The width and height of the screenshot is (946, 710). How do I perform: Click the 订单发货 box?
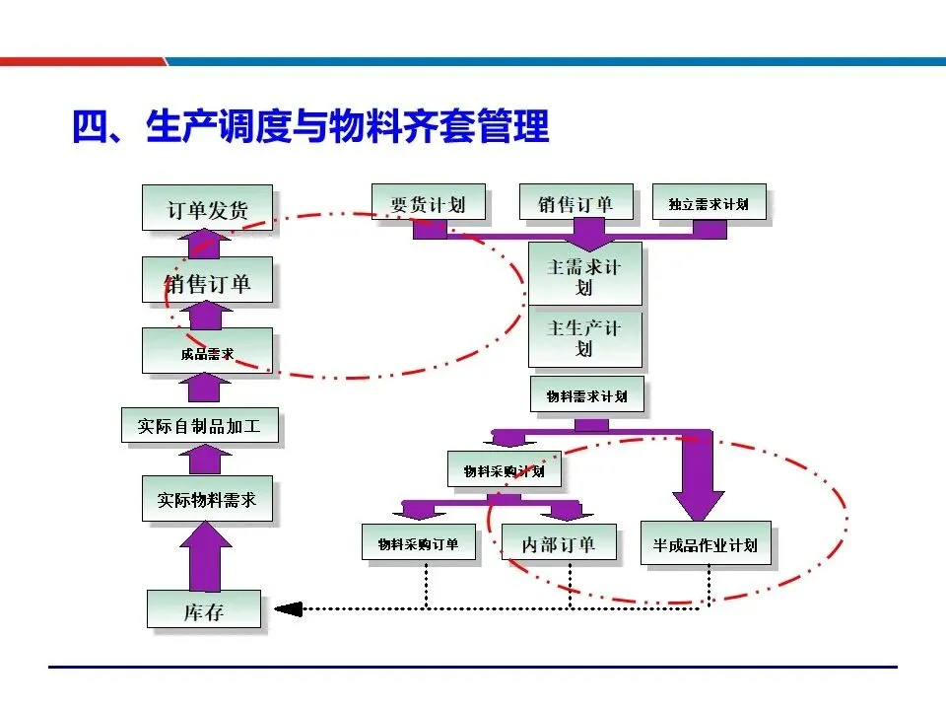pos(207,208)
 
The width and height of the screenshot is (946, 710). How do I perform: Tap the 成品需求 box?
pos(207,352)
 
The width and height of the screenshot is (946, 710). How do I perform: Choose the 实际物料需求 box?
pos(206,499)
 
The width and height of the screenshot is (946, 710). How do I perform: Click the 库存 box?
pos(204,610)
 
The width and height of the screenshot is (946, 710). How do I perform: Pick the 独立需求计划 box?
pos(708,203)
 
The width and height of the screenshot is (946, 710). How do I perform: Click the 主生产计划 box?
pos(584,336)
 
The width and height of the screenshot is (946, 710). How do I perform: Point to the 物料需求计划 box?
pos(586,395)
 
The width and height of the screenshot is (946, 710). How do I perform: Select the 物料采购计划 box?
pos(504,470)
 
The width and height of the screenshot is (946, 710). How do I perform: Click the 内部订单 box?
pos(559,543)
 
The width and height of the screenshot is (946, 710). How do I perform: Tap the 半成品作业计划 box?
pos(705,543)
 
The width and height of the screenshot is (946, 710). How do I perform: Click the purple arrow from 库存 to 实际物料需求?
pos(205,556)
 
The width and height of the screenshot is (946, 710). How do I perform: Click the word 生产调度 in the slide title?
pos(219,127)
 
